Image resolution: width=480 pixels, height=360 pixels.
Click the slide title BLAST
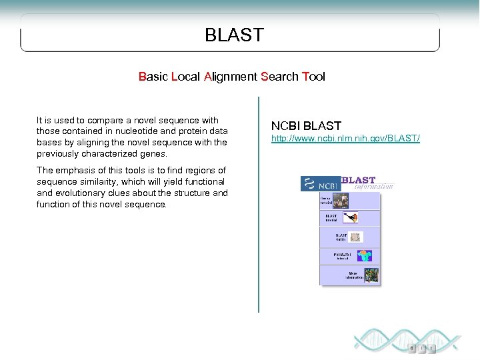click(x=234, y=35)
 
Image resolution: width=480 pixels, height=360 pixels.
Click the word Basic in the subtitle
click(x=153, y=77)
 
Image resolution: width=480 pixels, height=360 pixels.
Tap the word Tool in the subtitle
click(x=313, y=77)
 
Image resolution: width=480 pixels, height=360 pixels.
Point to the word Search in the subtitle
click(x=279, y=77)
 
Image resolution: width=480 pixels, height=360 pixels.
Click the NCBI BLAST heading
click(x=306, y=125)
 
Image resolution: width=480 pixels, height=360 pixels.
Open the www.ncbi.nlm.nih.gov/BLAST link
click(x=345, y=139)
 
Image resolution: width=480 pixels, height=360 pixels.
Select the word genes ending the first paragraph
click(x=153, y=153)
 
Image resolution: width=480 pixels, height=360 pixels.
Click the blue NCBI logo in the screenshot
click(x=320, y=184)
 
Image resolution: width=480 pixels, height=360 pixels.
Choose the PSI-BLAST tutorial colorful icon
click(x=363, y=256)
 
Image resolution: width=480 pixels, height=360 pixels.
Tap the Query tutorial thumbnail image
click(x=341, y=200)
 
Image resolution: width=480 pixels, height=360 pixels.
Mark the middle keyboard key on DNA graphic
click(x=421, y=348)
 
